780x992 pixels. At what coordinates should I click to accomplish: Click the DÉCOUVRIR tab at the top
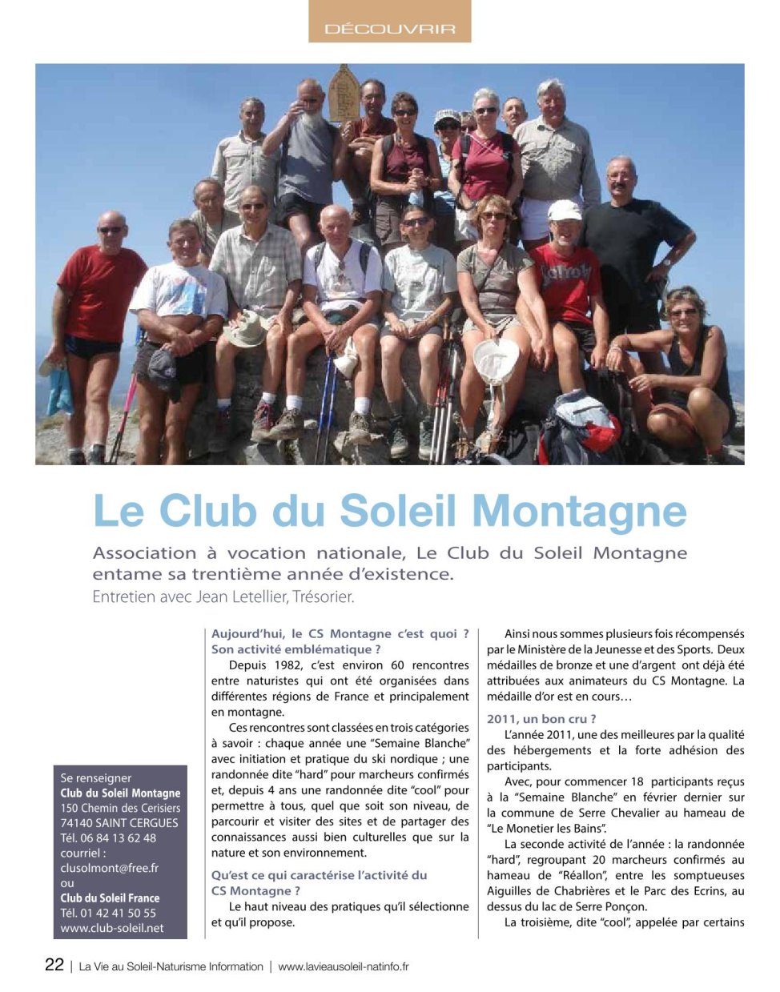[389, 29]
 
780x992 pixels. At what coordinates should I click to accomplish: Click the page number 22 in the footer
[54, 965]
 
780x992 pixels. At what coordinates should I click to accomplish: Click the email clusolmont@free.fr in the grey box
[109, 868]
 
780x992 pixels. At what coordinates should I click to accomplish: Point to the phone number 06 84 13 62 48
[118, 838]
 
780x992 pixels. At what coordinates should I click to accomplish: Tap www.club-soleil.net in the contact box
[112, 928]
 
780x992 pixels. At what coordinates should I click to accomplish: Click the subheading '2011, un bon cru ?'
[541, 719]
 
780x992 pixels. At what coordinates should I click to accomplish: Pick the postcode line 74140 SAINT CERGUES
[119, 823]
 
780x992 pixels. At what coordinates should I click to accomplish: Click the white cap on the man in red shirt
[565, 210]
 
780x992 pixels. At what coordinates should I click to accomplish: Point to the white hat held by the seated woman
[497, 360]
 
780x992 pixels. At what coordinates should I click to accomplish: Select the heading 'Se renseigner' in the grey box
[96, 778]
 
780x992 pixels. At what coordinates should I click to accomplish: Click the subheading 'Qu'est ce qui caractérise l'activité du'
[319, 875]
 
